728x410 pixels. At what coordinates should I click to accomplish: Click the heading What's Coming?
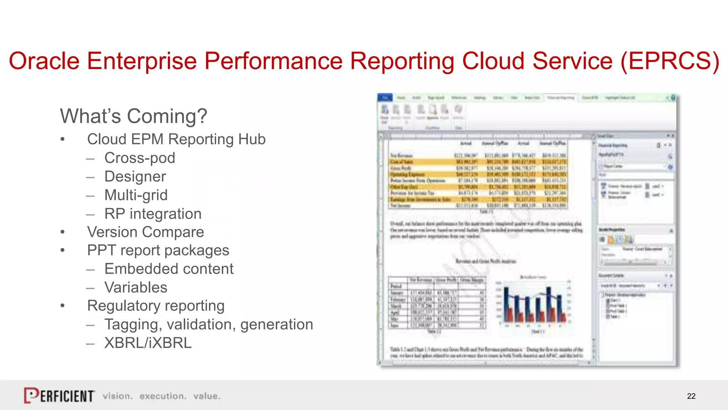(133, 116)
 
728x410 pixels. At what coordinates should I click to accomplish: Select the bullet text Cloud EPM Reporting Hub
(176, 139)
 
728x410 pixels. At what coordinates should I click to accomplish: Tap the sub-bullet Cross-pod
(140, 158)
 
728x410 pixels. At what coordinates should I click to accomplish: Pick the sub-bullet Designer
(135, 177)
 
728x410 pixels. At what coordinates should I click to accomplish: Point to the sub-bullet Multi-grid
(136, 195)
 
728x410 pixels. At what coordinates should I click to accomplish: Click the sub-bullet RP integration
(153, 214)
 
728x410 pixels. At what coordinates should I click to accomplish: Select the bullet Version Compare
(145, 232)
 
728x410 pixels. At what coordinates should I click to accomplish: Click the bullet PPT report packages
(158, 250)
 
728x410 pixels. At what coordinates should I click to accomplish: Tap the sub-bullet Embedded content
(169, 269)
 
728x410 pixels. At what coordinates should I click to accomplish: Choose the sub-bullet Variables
(136, 287)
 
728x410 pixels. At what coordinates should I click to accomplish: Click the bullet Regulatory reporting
(156, 306)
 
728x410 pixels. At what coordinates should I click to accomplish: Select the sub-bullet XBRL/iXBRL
(148, 343)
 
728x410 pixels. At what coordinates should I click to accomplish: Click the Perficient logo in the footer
(59, 395)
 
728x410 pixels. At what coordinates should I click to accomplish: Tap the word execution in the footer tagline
(163, 396)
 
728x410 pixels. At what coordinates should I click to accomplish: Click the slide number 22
(691, 396)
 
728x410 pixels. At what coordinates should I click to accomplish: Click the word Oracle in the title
(44, 61)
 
